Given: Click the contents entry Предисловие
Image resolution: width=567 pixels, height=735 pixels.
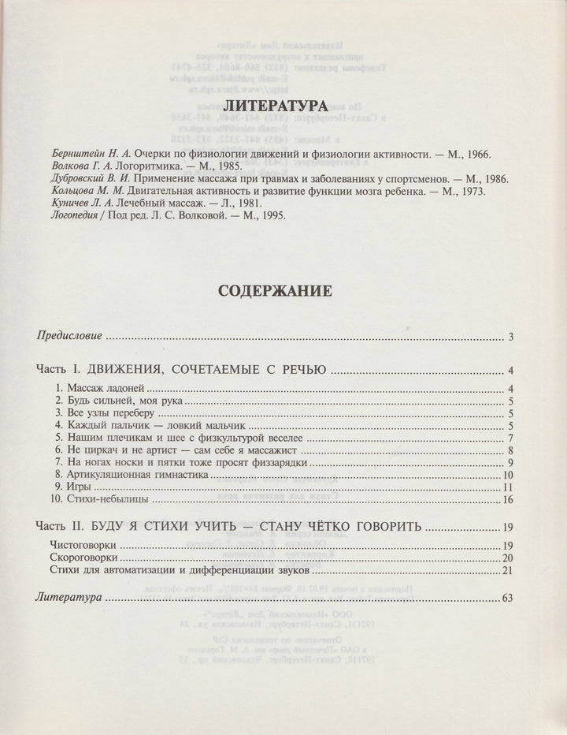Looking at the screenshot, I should click(x=69, y=337).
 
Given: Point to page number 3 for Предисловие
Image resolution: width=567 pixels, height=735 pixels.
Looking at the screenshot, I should click(x=511, y=338).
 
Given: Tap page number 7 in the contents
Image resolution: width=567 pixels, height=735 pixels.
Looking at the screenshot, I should click(x=511, y=438).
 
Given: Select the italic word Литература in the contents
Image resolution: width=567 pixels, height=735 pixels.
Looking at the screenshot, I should click(x=68, y=598).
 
